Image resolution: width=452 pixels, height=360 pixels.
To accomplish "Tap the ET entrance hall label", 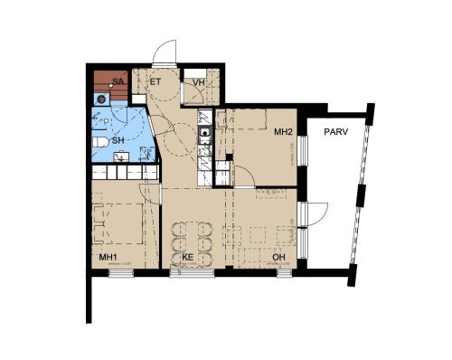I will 155,81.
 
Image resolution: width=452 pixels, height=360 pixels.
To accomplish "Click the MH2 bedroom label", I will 284,132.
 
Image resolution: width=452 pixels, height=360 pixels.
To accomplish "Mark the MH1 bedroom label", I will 108,257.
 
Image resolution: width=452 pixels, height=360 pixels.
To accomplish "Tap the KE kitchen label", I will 188,257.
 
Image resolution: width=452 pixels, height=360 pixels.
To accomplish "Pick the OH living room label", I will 280,257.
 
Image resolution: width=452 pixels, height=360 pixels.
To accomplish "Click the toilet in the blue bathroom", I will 100,142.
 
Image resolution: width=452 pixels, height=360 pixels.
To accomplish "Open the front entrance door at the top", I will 165,52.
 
